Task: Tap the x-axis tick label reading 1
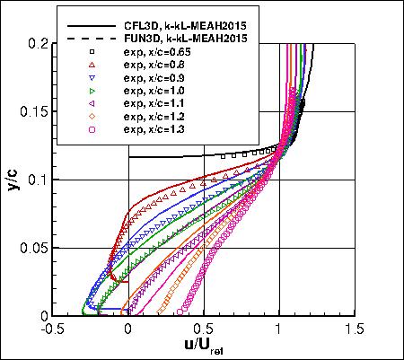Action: coord(279,329)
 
